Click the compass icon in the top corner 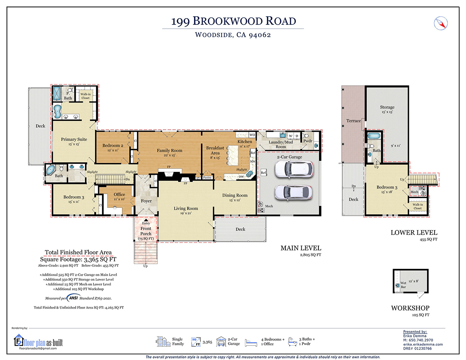[x=441, y=23]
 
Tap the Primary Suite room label [x=74, y=139]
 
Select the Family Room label [x=169, y=151]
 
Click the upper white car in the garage [x=294, y=170]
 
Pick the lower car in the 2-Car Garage [x=293, y=193]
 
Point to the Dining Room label [x=235, y=195]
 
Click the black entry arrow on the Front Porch [x=146, y=220]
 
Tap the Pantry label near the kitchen [x=207, y=177]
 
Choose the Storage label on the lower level [x=387, y=107]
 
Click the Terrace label [x=353, y=121]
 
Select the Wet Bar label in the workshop [x=403, y=285]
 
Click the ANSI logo [x=73, y=298]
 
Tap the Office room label [x=119, y=195]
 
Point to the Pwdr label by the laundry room [x=308, y=141]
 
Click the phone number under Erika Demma [x=418, y=340]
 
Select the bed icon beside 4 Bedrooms [x=251, y=343]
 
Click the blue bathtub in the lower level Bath [x=374, y=136]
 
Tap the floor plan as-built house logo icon [x=19, y=340]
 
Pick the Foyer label [x=146, y=201]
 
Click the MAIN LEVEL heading [x=301, y=248]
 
